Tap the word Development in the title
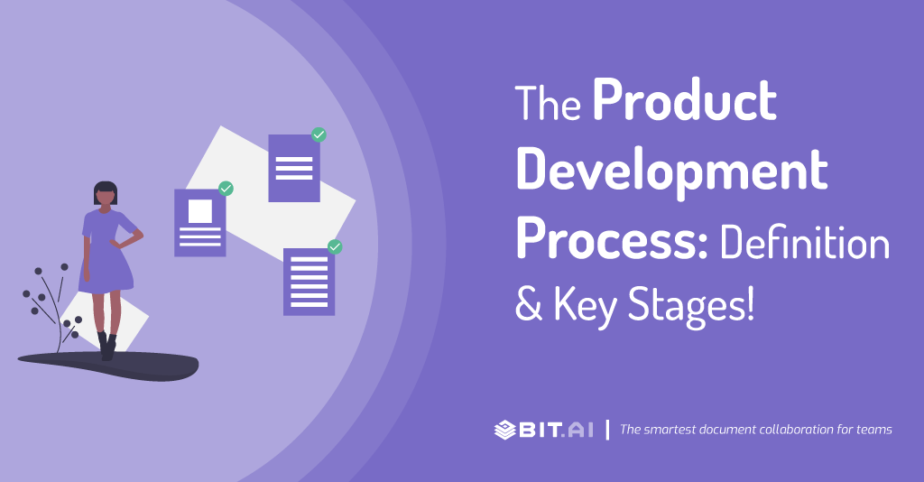click(x=672, y=171)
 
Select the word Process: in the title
click(x=612, y=238)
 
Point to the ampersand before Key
click(x=529, y=303)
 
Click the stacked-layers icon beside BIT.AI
click(x=505, y=431)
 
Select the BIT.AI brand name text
click(x=556, y=431)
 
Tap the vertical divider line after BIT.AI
click(x=607, y=430)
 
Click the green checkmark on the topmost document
click(x=319, y=134)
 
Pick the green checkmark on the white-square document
click(x=226, y=189)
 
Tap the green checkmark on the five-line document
click(x=335, y=247)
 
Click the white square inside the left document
click(x=200, y=211)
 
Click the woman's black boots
click(x=107, y=347)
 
